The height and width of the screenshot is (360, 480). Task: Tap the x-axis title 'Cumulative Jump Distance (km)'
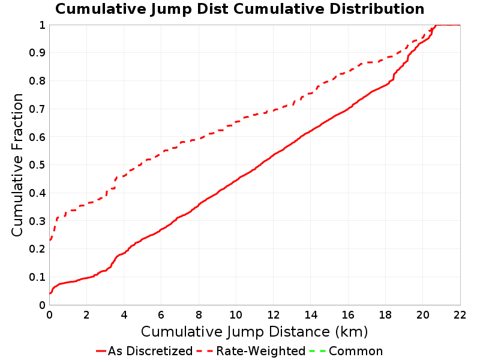(254, 332)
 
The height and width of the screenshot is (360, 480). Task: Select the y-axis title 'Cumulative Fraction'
(17, 165)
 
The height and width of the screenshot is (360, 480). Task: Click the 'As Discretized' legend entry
(144, 351)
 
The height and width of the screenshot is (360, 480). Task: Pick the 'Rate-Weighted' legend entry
(251, 351)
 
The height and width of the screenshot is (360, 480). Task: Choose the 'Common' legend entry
(346, 351)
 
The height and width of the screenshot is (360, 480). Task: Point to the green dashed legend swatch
(317, 351)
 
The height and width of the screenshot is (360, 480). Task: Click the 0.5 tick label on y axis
(37, 165)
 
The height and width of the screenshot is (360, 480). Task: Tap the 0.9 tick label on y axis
(37, 53)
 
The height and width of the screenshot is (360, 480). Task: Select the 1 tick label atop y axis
(42, 25)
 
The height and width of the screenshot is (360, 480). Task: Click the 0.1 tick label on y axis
(37, 277)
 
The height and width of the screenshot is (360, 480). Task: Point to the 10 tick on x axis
(236, 314)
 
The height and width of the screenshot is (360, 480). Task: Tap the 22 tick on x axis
(460, 314)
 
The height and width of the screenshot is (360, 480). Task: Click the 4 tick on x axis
(124, 314)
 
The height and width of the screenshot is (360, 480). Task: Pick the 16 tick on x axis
(348, 314)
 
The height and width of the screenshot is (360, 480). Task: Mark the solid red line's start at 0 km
(50, 293)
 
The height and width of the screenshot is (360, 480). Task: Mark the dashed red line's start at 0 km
(50, 241)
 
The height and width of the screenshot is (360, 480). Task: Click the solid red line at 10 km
(236, 181)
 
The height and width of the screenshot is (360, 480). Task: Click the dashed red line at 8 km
(199, 139)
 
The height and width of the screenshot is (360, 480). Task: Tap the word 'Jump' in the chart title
(172, 10)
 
